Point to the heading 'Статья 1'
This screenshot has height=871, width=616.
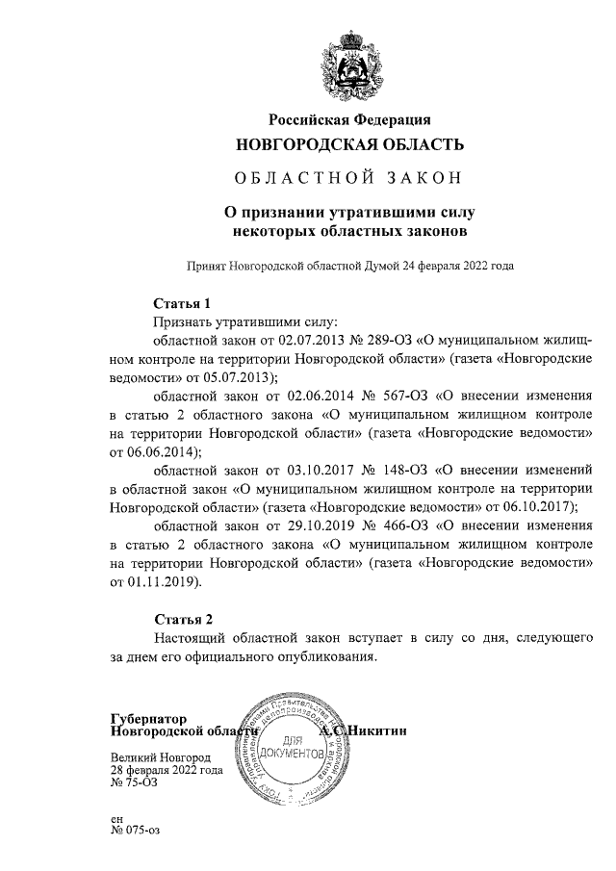tap(182, 303)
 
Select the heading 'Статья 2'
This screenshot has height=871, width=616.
tap(182, 618)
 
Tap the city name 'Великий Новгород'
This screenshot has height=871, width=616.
tap(160, 757)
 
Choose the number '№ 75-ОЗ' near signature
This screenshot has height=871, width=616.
tap(134, 782)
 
